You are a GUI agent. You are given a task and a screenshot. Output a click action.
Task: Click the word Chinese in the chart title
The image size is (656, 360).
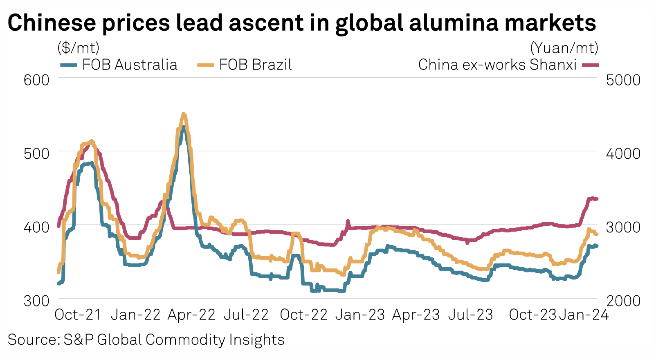[52, 23]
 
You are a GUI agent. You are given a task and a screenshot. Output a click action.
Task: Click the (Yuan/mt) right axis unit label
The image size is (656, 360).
[564, 48]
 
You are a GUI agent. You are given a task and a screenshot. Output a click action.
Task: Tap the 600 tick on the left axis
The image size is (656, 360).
[36, 79]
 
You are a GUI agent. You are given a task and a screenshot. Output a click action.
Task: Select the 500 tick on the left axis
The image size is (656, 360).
[36, 153]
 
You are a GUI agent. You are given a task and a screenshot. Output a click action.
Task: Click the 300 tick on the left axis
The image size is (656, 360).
[36, 301]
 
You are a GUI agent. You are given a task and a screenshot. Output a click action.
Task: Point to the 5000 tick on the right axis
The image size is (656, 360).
[623, 79]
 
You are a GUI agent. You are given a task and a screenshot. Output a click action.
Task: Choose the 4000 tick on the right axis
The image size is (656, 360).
[623, 153]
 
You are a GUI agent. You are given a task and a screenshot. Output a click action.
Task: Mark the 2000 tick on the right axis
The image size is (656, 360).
[623, 301]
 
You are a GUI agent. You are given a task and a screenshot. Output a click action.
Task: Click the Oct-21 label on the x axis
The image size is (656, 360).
[78, 315]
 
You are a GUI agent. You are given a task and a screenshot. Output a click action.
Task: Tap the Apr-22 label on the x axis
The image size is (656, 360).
[191, 315]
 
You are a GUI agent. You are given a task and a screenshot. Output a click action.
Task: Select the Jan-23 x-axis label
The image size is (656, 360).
[360, 315]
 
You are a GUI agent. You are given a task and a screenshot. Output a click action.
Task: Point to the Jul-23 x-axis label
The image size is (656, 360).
[471, 315]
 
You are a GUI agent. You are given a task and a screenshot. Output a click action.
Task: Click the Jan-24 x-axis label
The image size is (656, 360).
[584, 315]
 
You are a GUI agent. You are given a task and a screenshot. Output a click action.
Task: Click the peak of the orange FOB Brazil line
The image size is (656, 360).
[184, 114]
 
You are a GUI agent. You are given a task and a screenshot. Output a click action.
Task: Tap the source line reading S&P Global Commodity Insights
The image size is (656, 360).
[146, 340]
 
